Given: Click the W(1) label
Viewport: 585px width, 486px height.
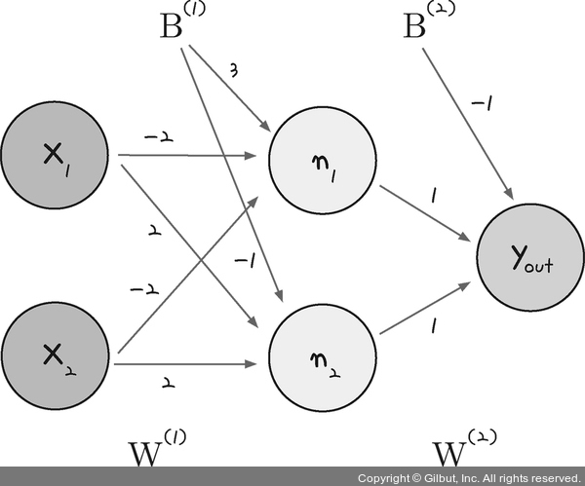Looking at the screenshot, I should tap(156, 451).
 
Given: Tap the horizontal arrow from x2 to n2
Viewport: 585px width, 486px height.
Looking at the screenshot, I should tap(185, 365).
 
